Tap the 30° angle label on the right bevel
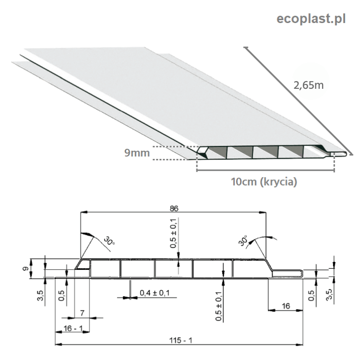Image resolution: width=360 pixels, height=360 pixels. [244, 240]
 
